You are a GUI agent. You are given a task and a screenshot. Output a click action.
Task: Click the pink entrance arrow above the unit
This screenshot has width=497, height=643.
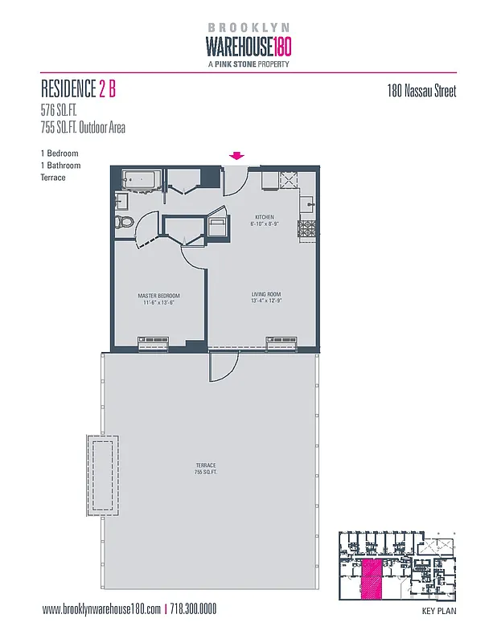coord(237,156)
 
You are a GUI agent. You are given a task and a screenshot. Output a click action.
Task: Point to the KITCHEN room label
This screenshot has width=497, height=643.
coord(265,218)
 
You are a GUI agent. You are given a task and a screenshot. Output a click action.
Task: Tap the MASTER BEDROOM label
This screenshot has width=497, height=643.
coord(158,296)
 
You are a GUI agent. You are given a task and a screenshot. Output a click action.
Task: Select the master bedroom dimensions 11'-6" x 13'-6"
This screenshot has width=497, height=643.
coord(158,303)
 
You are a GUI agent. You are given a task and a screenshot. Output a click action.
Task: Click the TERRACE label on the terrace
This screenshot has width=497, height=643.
coord(205,466)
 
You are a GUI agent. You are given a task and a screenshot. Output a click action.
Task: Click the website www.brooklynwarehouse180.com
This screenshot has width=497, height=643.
coord(102,609)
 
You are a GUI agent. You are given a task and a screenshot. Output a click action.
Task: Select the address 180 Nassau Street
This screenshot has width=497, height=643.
coord(422,91)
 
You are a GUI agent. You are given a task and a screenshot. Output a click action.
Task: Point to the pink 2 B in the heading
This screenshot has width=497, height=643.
coord(108,89)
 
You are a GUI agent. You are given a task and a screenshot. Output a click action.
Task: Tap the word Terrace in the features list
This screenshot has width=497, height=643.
coord(53,178)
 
